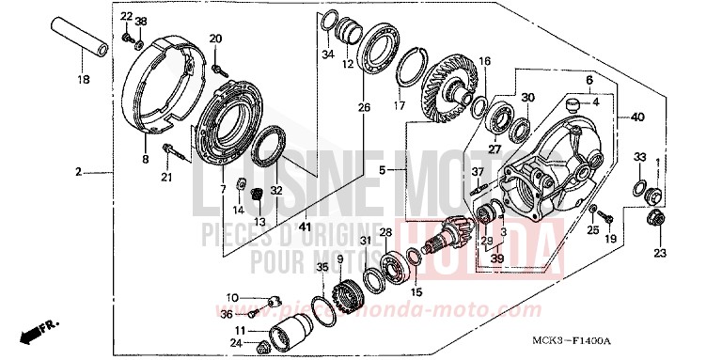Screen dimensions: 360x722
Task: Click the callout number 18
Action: pyautogui.click(x=83, y=80)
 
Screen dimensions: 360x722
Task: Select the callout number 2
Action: pyautogui.click(x=80, y=172)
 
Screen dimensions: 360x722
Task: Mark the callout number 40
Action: pyautogui.click(x=639, y=117)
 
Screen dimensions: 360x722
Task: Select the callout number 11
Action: pyautogui.click(x=242, y=330)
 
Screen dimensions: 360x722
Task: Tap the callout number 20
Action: pyautogui.click(x=215, y=39)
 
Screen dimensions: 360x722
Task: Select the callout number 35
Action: pyautogui.click(x=322, y=268)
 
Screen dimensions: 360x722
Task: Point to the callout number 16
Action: pyautogui.click(x=485, y=61)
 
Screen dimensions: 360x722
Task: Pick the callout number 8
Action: pyautogui.click(x=146, y=161)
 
